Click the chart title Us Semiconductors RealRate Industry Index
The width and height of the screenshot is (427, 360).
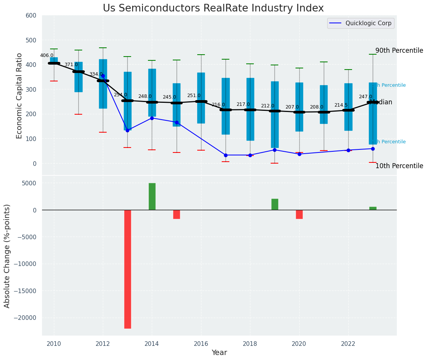click(213, 8)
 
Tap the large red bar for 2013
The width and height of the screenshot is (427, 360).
click(128, 269)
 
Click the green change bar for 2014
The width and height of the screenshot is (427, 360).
click(152, 196)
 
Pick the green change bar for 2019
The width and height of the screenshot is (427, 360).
click(275, 204)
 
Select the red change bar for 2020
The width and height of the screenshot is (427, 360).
click(299, 214)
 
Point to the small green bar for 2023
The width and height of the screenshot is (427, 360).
click(373, 208)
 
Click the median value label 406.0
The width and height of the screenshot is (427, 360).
click(47, 55)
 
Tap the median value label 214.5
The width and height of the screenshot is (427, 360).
click(341, 105)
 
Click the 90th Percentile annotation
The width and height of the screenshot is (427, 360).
click(399, 51)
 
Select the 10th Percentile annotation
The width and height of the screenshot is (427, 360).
click(399, 166)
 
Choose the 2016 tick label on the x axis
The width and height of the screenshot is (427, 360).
click(201, 343)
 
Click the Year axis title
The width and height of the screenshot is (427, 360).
click(219, 353)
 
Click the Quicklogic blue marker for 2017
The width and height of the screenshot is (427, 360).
click(226, 155)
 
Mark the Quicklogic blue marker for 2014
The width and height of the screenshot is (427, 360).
click(152, 118)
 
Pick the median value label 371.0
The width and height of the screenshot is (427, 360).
click(71, 65)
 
